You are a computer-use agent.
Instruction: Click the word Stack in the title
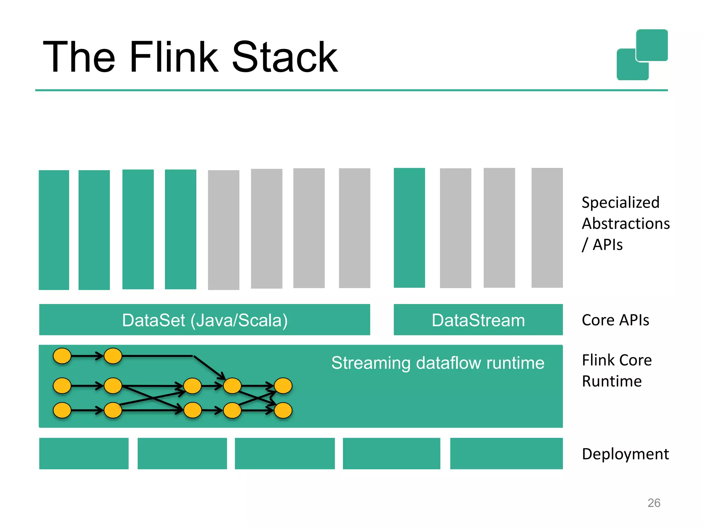coord(285,57)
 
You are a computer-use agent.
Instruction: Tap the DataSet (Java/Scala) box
coord(205,320)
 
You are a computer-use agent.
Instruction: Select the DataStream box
coord(478,320)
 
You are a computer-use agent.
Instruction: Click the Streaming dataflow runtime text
coord(438,363)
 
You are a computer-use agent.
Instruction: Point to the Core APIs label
coord(615,320)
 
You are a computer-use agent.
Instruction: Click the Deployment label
coord(625,454)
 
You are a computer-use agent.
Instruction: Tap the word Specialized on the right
coord(620,202)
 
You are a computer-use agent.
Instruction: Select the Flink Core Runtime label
coord(616,371)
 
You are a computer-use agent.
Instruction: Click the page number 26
coord(654,503)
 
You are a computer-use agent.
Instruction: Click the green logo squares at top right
coord(642,55)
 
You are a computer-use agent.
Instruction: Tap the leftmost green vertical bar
coord(54,230)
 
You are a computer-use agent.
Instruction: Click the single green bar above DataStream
coord(409,228)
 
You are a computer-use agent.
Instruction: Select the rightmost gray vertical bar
coord(547,228)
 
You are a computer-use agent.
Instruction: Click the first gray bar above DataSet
coord(223,230)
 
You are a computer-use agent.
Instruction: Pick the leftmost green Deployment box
coord(84,453)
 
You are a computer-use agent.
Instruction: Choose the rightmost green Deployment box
coord(506,453)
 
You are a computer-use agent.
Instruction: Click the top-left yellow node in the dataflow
coord(62,356)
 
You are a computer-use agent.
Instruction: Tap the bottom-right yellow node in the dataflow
coord(283,410)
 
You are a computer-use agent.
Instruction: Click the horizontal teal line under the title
coord(351,90)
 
